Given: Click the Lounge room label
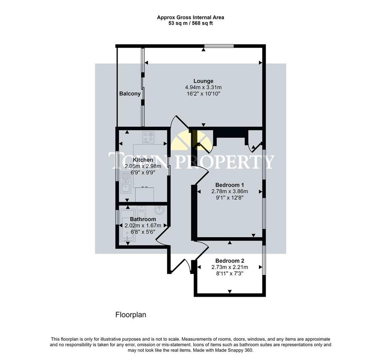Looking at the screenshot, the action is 204,81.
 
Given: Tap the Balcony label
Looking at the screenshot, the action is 130,93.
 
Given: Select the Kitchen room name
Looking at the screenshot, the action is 143,160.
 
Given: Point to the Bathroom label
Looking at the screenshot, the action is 143,219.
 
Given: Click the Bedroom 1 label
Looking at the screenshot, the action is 230,185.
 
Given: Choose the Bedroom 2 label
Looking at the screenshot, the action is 230,261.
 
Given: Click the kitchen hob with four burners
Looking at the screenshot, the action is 148,137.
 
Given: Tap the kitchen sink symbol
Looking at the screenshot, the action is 126,183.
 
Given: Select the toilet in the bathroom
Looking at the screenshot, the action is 141,212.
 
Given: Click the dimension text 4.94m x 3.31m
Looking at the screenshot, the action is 204,87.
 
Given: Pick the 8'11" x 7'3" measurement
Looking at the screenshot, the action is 230,273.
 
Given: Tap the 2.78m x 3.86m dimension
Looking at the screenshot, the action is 230,192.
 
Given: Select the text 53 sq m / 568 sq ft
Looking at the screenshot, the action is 191,23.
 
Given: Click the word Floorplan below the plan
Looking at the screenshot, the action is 131,315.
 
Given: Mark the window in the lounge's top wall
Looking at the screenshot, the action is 219,46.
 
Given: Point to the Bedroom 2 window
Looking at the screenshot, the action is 264,260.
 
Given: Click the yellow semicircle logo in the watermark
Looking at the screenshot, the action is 191,141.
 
